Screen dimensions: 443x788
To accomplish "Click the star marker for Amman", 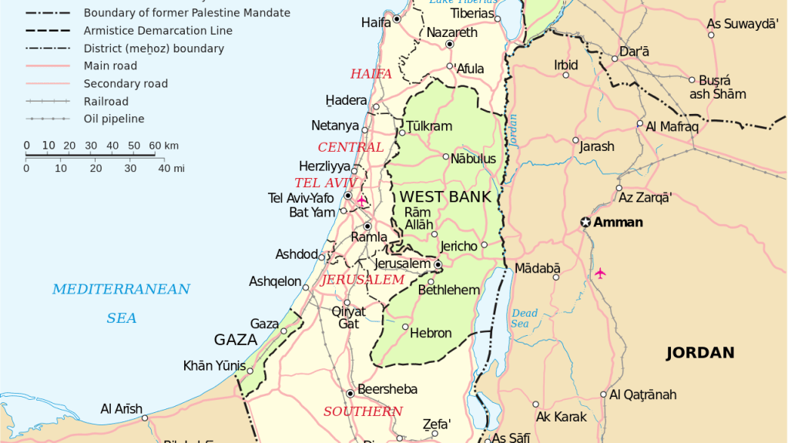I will (x=585, y=223).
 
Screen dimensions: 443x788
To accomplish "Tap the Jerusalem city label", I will (x=402, y=263).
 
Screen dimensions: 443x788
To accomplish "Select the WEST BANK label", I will (x=444, y=197).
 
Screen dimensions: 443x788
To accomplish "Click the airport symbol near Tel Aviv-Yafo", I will (x=362, y=200).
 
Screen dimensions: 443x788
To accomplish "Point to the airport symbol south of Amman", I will (x=600, y=273).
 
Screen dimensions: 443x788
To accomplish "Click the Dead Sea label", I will (x=524, y=318).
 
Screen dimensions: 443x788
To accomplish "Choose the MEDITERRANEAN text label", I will (x=121, y=290).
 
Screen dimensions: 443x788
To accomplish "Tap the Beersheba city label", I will (x=387, y=390).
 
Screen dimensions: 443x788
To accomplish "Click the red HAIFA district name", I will (x=371, y=74).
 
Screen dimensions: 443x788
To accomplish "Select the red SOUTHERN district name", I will (x=363, y=411).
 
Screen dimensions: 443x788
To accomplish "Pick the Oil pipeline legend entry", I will (x=114, y=119).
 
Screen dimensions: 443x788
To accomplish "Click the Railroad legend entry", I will (x=106, y=101).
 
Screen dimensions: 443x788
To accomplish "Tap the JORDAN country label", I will (x=699, y=353).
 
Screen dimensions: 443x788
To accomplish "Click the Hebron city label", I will (x=431, y=334).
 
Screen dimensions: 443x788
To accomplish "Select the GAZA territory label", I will (x=235, y=340).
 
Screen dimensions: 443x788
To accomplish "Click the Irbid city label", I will (x=565, y=65).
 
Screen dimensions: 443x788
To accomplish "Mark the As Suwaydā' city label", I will (x=743, y=24).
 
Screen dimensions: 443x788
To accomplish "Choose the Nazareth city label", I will (x=451, y=33).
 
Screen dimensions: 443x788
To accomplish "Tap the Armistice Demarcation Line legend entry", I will (x=158, y=31).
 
